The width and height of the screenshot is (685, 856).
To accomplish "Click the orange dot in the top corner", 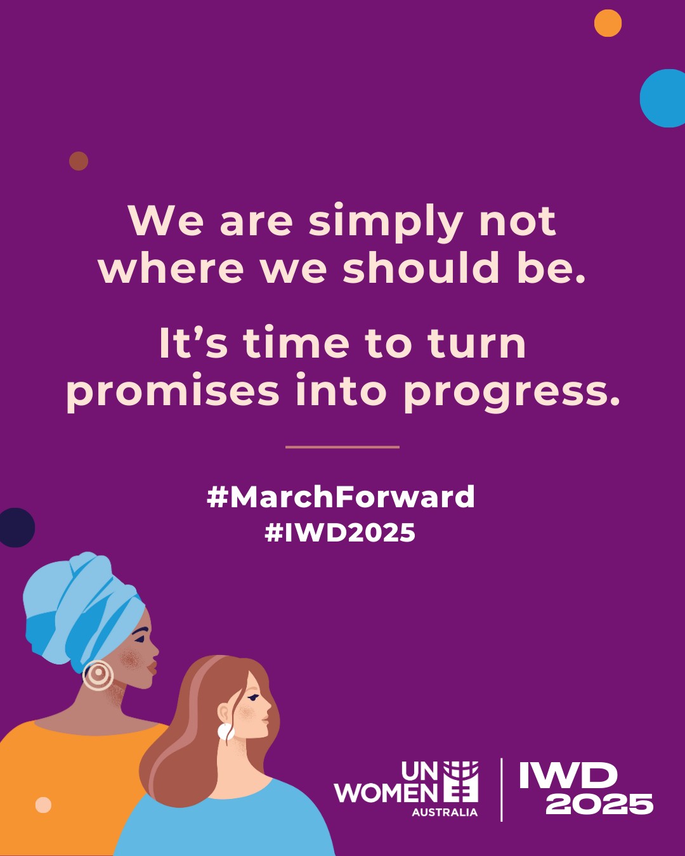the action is [608, 23].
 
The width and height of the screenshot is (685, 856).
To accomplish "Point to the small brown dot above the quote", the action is [79, 161].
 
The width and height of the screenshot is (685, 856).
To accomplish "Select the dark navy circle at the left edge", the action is [16, 528].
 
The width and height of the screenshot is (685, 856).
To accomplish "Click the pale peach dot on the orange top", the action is [43, 805].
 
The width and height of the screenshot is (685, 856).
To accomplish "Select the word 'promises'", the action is [173, 392].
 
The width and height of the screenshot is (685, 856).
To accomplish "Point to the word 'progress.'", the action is [512, 393].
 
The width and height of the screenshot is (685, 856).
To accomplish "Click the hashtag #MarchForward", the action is [341, 497].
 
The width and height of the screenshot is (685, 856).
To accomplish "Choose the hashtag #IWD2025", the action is [340, 533].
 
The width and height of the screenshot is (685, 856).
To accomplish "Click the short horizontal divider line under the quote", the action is [342, 447].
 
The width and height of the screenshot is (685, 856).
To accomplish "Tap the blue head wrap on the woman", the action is [80, 609].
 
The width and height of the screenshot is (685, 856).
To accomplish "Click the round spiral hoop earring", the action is [98, 675].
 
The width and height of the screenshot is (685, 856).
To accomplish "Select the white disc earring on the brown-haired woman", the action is [226, 732].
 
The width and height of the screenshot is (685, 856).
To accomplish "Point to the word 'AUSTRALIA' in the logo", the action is [445, 812].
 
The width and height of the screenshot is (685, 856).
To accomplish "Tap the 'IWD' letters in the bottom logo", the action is [568, 775].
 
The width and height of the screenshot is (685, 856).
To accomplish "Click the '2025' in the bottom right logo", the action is [599, 804].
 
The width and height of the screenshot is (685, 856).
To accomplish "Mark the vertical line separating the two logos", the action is [501, 789].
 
